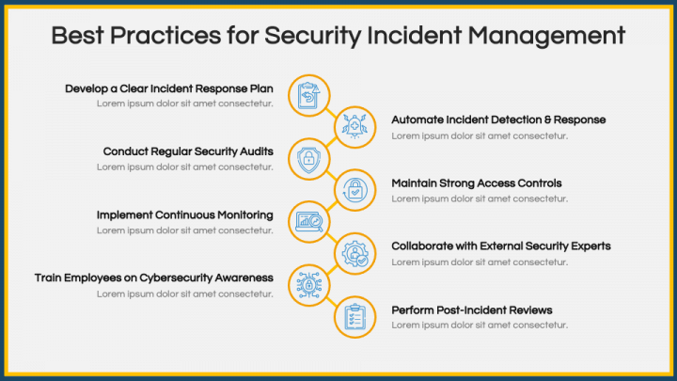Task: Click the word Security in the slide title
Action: click(x=312, y=36)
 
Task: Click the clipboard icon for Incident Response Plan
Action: click(x=309, y=95)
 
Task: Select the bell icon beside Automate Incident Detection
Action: click(x=354, y=127)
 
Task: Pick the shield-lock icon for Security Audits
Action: click(x=308, y=159)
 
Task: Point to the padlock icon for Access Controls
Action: click(x=354, y=190)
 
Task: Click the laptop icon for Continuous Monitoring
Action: click(x=309, y=222)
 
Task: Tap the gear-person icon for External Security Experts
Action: click(x=354, y=254)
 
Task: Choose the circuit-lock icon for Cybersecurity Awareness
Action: click(x=309, y=286)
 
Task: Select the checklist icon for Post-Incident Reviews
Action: click(x=354, y=317)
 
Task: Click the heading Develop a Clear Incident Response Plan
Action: click(x=169, y=89)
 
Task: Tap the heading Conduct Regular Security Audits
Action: click(x=188, y=151)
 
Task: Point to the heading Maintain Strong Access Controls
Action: click(x=476, y=183)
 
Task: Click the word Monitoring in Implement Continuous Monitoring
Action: click(x=244, y=215)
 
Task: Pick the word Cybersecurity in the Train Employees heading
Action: click(x=176, y=278)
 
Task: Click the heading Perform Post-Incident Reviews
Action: click(x=471, y=310)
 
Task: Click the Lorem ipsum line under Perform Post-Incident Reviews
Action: click(x=480, y=325)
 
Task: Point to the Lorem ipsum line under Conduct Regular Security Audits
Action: click(x=185, y=167)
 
